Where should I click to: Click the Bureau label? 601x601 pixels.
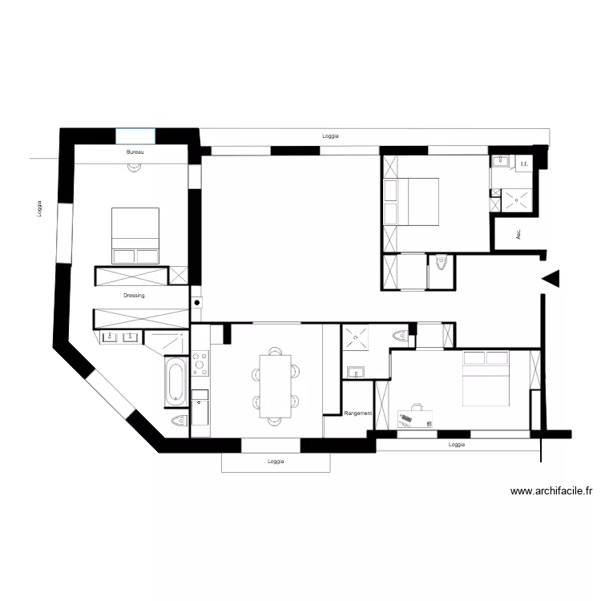coord(134,151)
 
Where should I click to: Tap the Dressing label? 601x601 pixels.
coord(135,296)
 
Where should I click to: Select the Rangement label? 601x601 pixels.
coord(357,413)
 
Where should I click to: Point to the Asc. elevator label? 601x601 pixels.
coord(518,235)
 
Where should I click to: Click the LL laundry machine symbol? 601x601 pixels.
coord(524,164)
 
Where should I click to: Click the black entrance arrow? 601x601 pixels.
coord(551,278)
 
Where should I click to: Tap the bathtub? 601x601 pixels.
coord(176,382)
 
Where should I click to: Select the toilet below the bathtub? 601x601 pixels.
coord(179,422)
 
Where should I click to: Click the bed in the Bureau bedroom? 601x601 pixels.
coord(135,235)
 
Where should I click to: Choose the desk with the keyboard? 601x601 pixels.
coord(415,417)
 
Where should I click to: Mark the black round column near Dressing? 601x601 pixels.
coord(196,303)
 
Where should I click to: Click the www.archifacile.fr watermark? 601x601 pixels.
coord(551,492)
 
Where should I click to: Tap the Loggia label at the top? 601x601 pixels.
coord(330,136)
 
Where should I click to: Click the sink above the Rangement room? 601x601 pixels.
coord(355,371)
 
